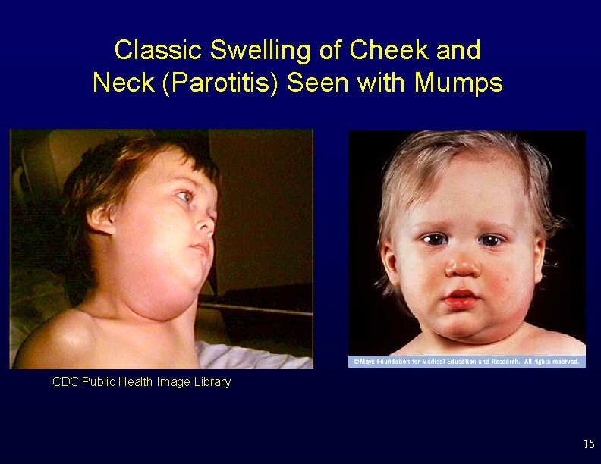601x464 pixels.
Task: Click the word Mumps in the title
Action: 458,83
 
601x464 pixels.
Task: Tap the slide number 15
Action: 589,444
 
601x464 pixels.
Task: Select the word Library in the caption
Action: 212,382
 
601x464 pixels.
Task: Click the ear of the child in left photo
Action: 102,220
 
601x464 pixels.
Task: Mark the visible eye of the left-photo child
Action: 185,197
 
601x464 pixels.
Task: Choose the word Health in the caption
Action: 143,382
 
